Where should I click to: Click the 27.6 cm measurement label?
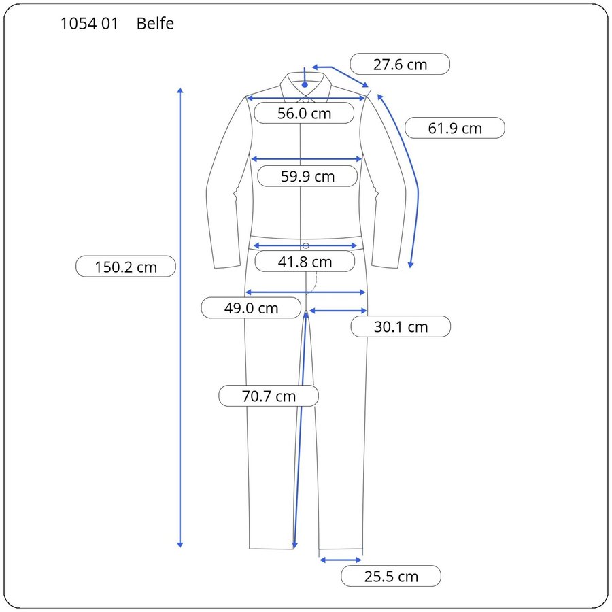point(400,65)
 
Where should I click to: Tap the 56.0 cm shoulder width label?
point(304,113)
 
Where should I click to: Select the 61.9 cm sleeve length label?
point(455,128)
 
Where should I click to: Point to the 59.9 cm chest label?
point(307,176)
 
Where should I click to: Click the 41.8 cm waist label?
point(305,262)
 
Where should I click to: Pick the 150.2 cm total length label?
point(126,267)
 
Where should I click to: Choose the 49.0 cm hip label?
point(251,308)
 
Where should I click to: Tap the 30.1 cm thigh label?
point(401,326)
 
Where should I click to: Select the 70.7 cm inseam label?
point(269,396)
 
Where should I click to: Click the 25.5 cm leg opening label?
point(391,576)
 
